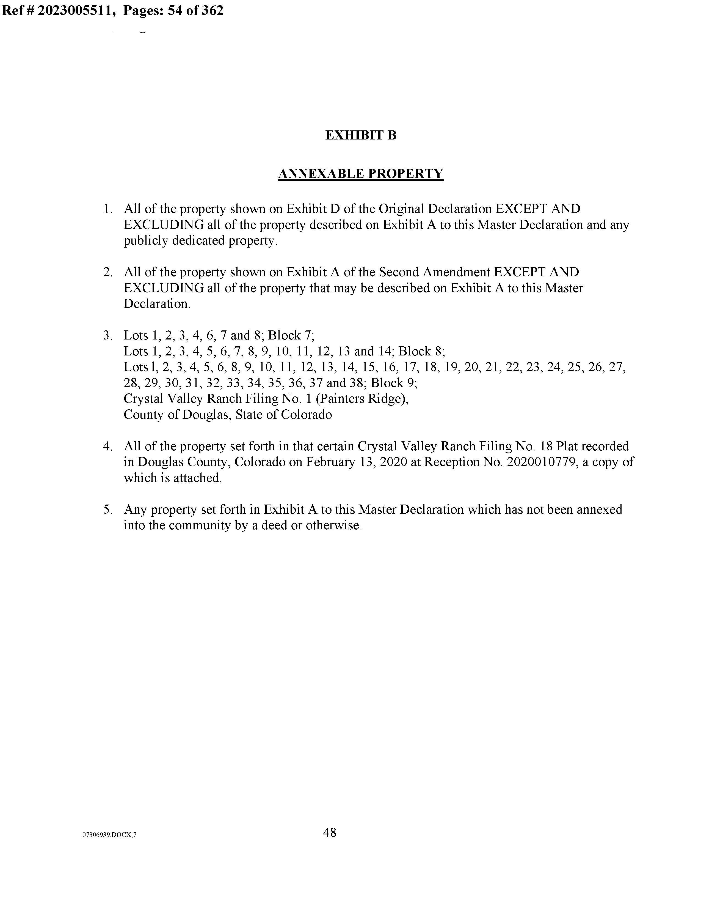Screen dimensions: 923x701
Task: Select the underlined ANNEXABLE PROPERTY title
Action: [360, 174]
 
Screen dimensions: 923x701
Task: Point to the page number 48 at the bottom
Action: [329, 832]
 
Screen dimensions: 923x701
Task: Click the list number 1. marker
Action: [108, 209]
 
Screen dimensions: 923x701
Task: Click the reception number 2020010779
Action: [540, 462]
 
